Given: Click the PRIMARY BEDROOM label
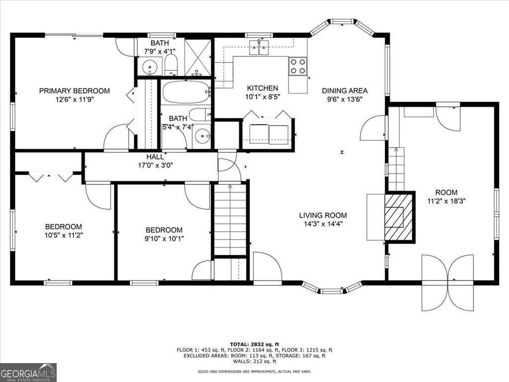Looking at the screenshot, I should coord(75,91).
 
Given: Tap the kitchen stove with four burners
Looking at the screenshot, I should coord(298,66).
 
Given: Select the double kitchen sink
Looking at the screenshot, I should coord(258,48).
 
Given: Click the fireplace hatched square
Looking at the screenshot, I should coord(400,217).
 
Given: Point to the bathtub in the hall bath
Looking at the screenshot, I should coord(186,92).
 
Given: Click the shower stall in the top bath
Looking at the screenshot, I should coord(198,57).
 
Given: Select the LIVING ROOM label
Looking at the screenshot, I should coord(323,215).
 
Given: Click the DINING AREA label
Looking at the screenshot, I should coord(344,91).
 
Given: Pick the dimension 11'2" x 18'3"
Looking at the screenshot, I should coord(446,201).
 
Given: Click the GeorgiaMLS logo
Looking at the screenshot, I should coord(28,373).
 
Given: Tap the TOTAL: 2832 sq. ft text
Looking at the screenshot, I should coord(254,344).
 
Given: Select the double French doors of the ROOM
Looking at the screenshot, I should coord(447,282).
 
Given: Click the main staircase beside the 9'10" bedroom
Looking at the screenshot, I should coord(230,219).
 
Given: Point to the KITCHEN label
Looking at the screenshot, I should coord(262,88).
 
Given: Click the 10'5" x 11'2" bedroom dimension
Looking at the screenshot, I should coord(64,235).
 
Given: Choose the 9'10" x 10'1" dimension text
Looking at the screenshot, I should coord(164,238).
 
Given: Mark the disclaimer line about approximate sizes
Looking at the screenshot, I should coord(254,372).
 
